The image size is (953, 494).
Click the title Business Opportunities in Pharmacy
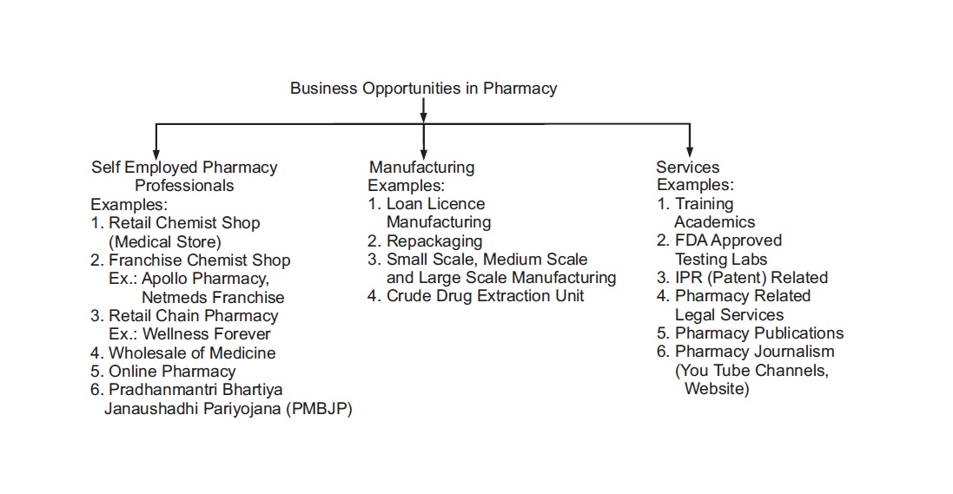click(423, 89)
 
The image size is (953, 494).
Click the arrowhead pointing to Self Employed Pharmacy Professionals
click(156, 153)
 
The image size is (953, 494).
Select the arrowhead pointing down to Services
click(689, 150)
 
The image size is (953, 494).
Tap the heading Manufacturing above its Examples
click(422, 167)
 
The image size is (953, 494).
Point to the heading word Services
click(687, 167)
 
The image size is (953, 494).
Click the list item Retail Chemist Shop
click(184, 223)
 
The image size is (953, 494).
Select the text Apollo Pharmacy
click(205, 279)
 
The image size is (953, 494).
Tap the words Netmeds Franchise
click(213, 297)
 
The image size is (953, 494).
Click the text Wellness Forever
click(207, 334)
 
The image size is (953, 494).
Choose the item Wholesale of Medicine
click(192, 353)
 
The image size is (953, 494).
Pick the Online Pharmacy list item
click(172, 372)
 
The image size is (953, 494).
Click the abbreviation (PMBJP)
click(319, 409)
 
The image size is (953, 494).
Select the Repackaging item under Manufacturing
click(434, 241)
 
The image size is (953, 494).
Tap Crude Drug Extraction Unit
click(485, 296)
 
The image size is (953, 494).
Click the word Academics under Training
click(715, 222)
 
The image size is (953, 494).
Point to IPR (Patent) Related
click(751, 278)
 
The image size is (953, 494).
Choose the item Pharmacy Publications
click(759, 333)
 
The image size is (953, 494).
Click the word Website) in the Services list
click(717, 389)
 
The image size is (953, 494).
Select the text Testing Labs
click(721, 260)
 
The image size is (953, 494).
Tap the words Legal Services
click(730, 315)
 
